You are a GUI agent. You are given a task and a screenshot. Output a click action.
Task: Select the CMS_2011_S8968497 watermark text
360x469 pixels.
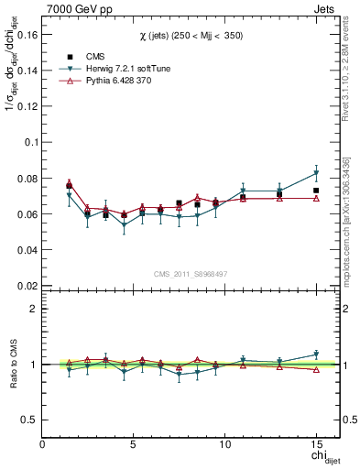coord(190,273)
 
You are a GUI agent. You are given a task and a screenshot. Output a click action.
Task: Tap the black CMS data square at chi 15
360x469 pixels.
coord(316,191)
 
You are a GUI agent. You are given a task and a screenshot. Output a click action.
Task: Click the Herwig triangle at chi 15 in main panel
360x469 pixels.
coord(316,173)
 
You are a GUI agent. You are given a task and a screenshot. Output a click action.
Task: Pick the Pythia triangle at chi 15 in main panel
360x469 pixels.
coord(316,198)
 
